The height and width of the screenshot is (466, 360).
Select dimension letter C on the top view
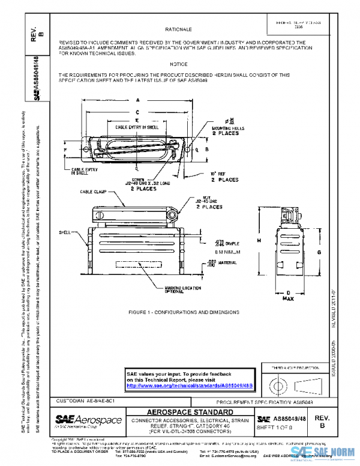coord(137,112)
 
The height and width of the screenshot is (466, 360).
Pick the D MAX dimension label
coord(287,295)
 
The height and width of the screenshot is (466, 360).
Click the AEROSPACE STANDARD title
coord(190,412)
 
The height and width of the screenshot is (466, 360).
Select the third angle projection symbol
coord(292,384)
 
